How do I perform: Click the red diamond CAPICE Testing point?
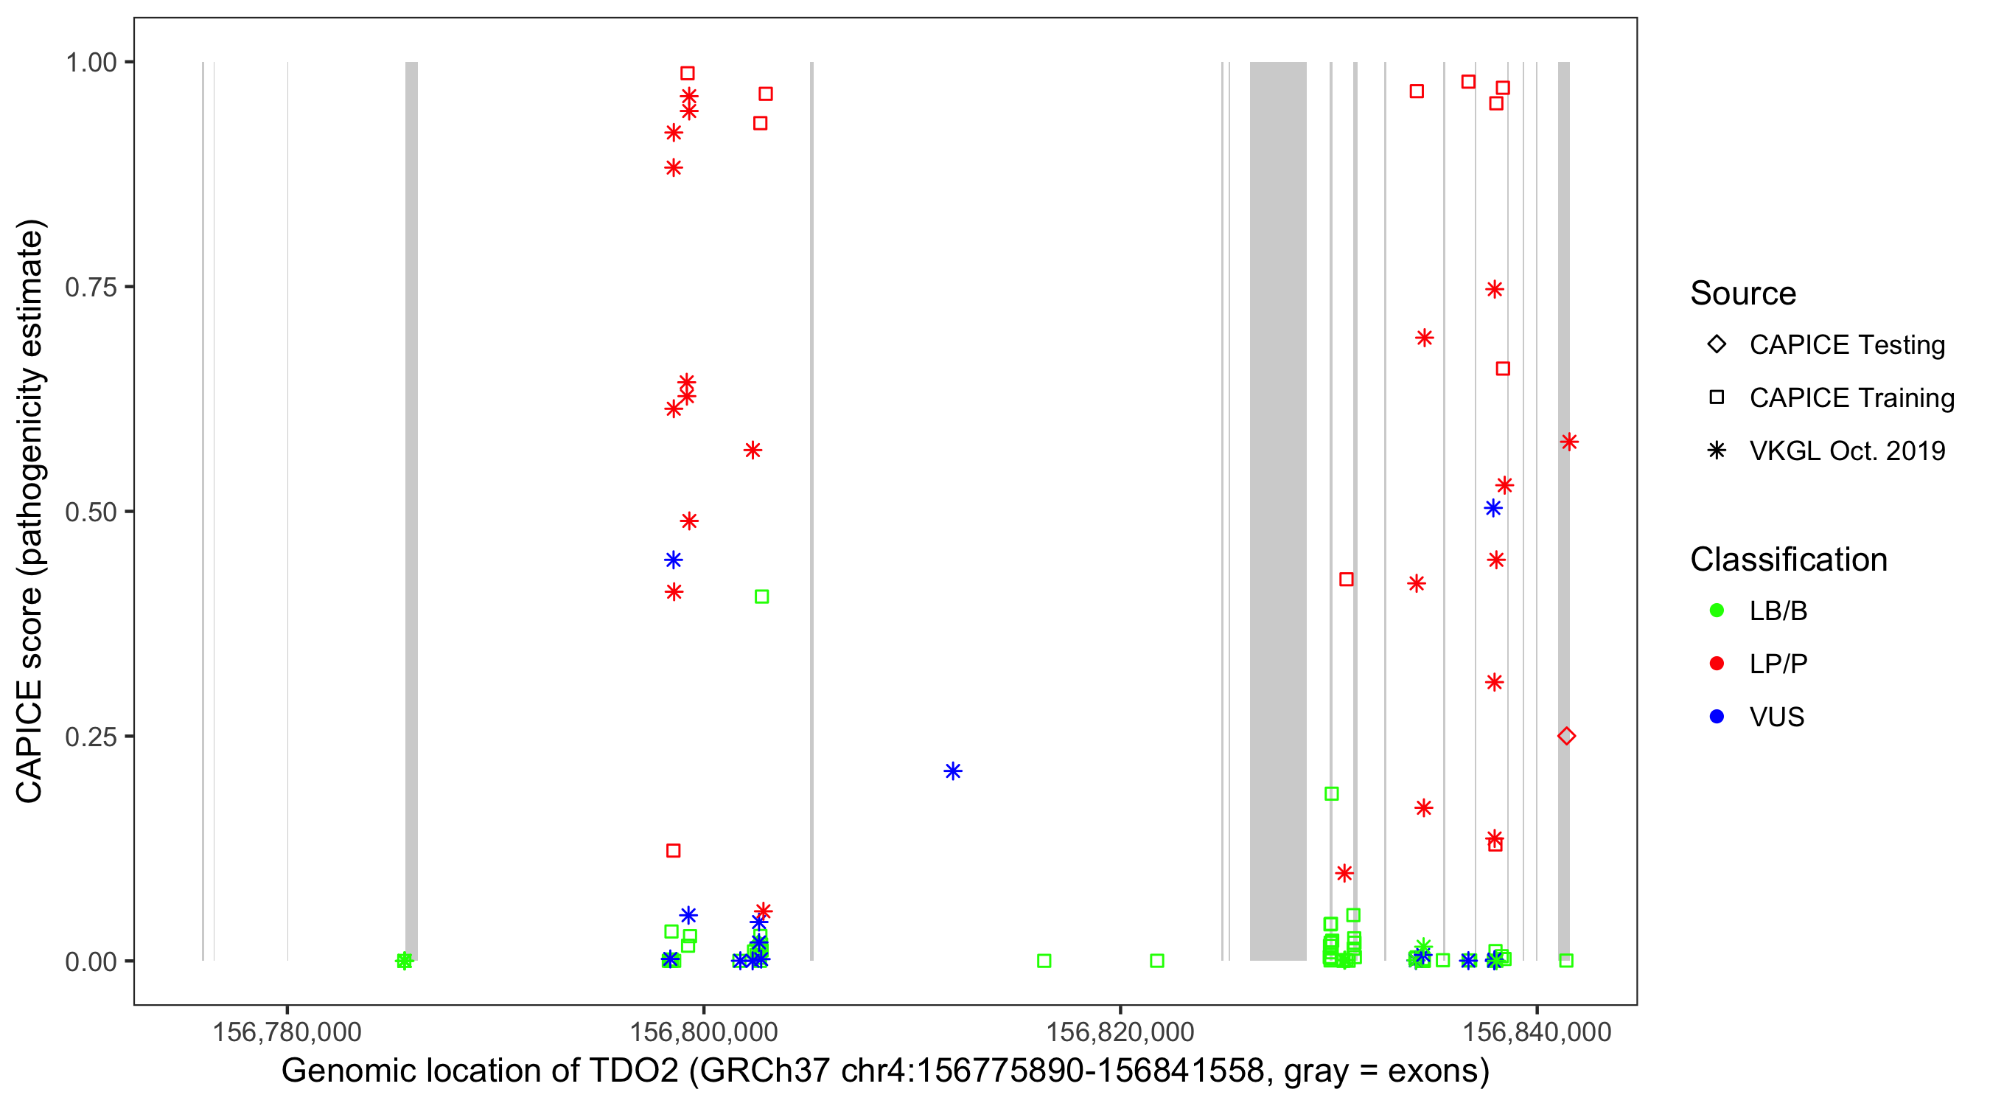1566,736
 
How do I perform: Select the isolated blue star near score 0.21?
952,771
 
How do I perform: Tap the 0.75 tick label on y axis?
90,288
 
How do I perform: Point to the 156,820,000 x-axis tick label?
1120,1032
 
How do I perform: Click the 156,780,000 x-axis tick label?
287,1032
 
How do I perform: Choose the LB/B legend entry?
1778,611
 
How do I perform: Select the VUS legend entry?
1776,717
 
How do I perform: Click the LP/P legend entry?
1778,663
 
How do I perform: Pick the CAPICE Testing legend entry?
1846,345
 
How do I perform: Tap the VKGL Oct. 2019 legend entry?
1846,451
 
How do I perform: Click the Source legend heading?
1743,293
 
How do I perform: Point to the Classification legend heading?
1788,560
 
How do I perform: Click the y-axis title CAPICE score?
31,511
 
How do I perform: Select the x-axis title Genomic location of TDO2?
884,1071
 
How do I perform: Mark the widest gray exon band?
1278,510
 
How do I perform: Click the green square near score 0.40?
761,597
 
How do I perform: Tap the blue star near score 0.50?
1493,508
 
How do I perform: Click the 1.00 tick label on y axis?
90,63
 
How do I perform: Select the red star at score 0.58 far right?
1569,442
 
